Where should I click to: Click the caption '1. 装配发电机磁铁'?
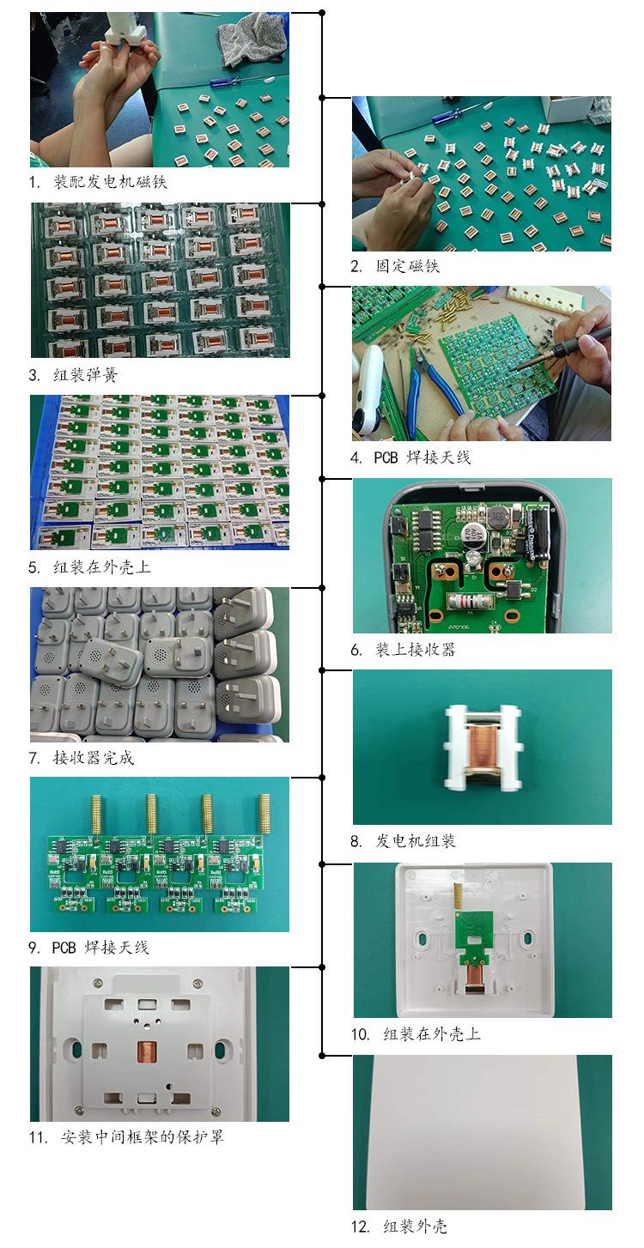98,183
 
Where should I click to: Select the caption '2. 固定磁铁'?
395,267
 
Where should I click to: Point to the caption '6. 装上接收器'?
403,650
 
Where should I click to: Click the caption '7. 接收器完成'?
82,758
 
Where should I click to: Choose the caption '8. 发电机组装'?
403,841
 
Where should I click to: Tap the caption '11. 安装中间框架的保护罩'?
127,1138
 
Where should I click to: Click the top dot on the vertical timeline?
322,13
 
